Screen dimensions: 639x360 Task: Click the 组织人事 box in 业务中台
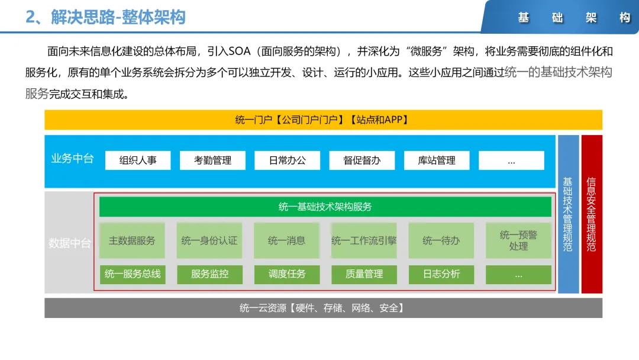point(138,160)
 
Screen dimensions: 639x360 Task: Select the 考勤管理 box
point(212,160)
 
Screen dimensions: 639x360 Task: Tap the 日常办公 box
point(287,160)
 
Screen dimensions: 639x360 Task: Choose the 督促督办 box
point(362,160)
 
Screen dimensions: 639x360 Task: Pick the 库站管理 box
point(437,160)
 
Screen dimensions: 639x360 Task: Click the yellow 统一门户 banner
point(323,120)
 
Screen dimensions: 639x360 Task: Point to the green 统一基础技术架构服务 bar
point(325,207)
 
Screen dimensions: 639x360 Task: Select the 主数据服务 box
point(132,240)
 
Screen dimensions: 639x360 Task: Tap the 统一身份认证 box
point(209,240)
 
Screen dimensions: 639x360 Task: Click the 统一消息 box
point(286,240)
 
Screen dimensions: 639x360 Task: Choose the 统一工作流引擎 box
point(364,240)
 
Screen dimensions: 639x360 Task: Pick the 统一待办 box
point(441,240)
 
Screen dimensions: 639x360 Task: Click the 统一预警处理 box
point(518,240)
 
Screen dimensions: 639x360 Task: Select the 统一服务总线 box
point(132,274)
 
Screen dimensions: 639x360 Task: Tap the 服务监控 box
point(209,274)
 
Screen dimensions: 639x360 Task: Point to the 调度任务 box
point(286,274)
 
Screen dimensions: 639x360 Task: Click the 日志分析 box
point(441,274)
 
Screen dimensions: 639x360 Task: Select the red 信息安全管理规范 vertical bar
point(592,214)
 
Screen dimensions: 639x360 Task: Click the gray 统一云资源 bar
point(323,308)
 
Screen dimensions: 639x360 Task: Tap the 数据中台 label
point(69,243)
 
